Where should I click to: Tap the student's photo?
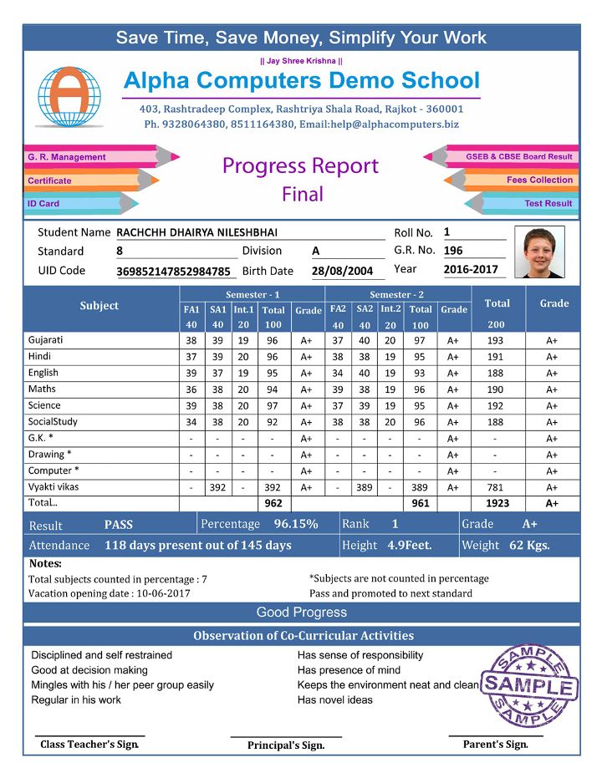point(538,252)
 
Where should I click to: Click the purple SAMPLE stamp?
point(529,686)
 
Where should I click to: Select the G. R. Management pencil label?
point(67,157)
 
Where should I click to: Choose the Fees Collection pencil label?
point(539,180)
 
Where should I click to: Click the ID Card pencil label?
point(43,204)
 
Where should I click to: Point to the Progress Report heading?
point(300,165)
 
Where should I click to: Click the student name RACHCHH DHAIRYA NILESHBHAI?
point(196,232)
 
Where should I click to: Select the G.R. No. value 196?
point(453,250)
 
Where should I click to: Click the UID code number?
point(173,271)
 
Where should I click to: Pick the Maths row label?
point(42,389)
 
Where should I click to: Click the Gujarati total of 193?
point(495,341)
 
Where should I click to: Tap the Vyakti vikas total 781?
point(495,487)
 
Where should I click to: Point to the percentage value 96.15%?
point(296,524)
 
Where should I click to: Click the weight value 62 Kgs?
point(529,545)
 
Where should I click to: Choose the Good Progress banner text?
point(301,613)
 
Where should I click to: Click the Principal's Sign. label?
point(285,745)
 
